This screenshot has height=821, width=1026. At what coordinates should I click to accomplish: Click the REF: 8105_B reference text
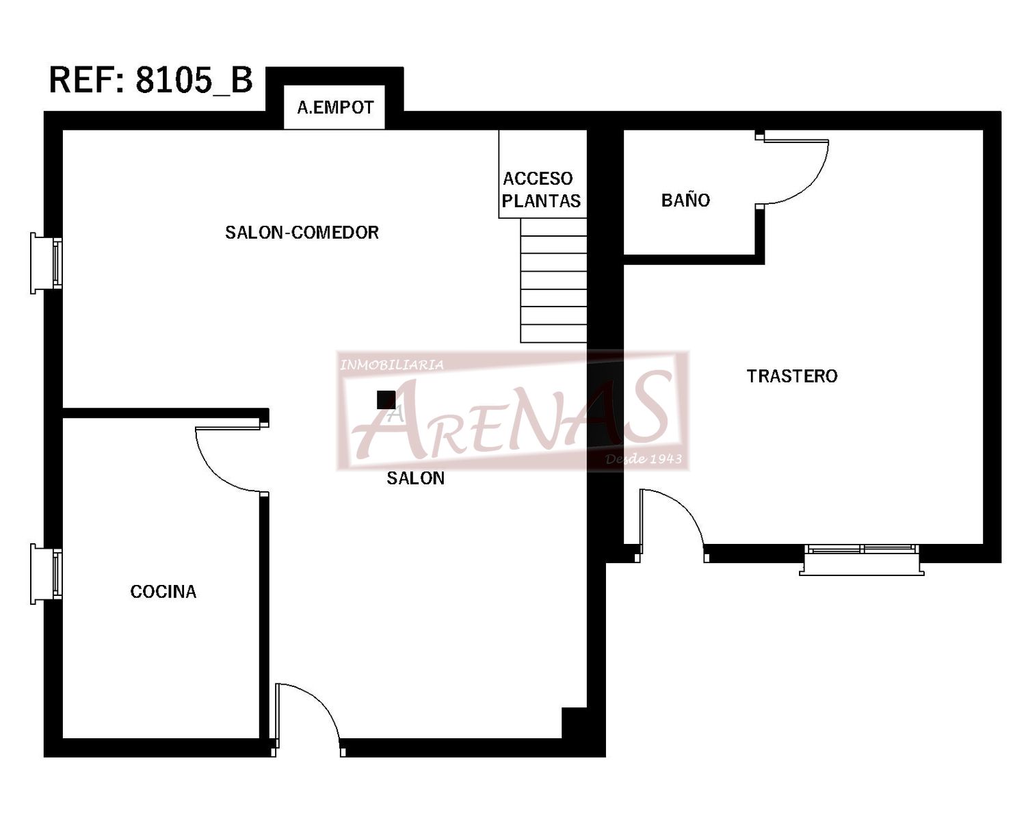click(x=150, y=79)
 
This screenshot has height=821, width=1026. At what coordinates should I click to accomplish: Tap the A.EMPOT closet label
click(x=335, y=108)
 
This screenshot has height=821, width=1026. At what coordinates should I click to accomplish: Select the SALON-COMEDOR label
click(x=302, y=233)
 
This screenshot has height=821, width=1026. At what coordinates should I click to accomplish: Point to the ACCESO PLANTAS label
click(x=541, y=190)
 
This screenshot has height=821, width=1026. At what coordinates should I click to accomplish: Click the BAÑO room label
click(x=685, y=199)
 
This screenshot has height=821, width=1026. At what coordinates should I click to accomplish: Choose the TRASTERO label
click(x=792, y=376)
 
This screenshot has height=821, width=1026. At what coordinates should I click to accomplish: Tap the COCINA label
click(x=163, y=592)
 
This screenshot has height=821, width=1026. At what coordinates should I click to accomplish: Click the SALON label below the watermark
click(x=415, y=478)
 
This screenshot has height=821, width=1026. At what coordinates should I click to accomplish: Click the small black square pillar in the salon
click(x=386, y=400)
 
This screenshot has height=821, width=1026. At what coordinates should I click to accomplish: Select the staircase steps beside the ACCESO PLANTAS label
click(x=553, y=281)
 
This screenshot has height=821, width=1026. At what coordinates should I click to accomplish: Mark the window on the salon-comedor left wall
click(x=47, y=263)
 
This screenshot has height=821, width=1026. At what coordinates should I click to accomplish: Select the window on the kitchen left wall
click(x=47, y=574)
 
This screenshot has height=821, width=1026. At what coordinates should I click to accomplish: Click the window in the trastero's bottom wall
click(x=862, y=559)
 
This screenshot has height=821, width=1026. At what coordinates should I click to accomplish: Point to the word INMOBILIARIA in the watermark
click(x=391, y=365)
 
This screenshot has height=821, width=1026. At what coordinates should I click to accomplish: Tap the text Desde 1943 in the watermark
click(x=643, y=458)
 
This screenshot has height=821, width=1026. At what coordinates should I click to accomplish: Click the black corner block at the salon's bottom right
click(x=574, y=722)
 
